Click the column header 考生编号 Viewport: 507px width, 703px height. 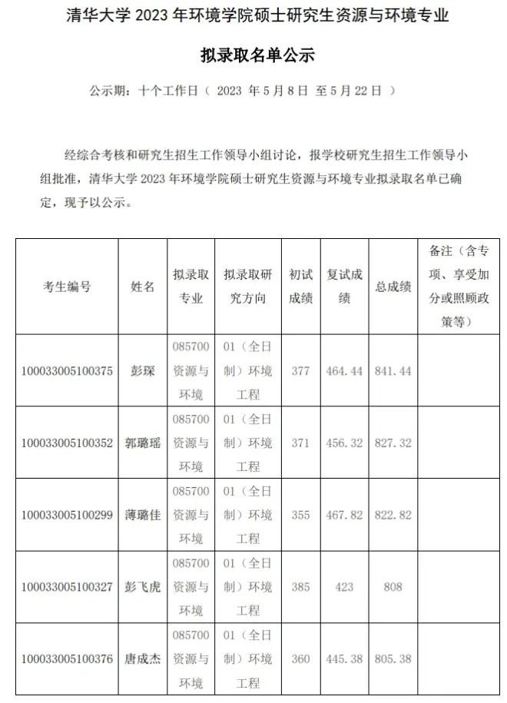click(x=67, y=287)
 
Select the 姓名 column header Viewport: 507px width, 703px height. click(x=143, y=287)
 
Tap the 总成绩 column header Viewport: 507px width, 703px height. click(x=393, y=287)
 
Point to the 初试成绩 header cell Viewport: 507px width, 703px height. click(x=300, y=287)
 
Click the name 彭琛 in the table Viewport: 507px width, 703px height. click(x=143, y=371)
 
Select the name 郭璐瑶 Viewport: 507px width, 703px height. click(x=143, y=443)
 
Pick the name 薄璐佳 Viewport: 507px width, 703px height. click(x=143, y=515)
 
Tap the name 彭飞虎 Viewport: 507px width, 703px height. click(x=143, y=587)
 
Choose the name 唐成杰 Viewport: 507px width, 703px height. click(x=143, y=659)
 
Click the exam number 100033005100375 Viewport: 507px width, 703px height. click(x=67, y=371)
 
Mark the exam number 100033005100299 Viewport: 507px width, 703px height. click(x=67, y=515)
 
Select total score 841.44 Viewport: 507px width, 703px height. click(x=393, y=371)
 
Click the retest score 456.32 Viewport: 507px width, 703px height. click(x=344, y=443)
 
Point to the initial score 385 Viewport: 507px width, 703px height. click(x=300, y=587)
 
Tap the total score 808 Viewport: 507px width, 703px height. click(x=393, y=587)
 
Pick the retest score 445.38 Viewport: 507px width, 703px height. click(x=344, y=659)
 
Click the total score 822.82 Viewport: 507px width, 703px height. click(x=393, y=515)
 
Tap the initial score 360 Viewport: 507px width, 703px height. click(x=300, y=659)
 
